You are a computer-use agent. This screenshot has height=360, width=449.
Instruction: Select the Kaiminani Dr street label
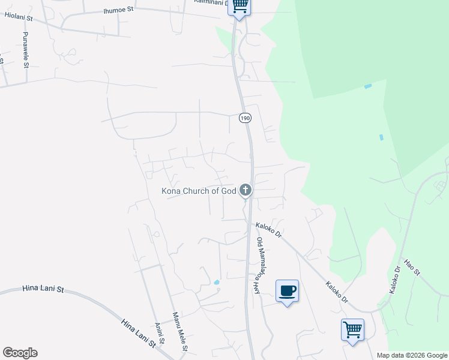tap(209, 2)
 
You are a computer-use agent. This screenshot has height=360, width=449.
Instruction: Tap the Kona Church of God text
tap(199, 191)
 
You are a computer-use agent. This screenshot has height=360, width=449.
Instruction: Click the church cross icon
tap(245, 190)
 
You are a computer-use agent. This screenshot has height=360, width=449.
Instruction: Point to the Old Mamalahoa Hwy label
tap(259, 265)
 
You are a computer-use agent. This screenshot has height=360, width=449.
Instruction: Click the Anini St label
tap(159, 335)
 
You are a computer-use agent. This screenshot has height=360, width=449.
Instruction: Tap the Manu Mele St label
tap(181, 331)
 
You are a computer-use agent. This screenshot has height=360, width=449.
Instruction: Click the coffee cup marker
tap(287, 291)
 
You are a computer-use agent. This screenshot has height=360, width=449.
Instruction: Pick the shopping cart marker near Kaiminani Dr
tap(239, 6)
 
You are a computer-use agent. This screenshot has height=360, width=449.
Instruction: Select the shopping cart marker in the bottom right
tap(352, 329)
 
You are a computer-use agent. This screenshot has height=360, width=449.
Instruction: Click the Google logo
tap(20, 353)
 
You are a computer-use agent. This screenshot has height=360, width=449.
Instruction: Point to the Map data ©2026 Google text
tap(412, 355)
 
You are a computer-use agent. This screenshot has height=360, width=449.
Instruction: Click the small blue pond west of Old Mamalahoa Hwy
tap(216, 282)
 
